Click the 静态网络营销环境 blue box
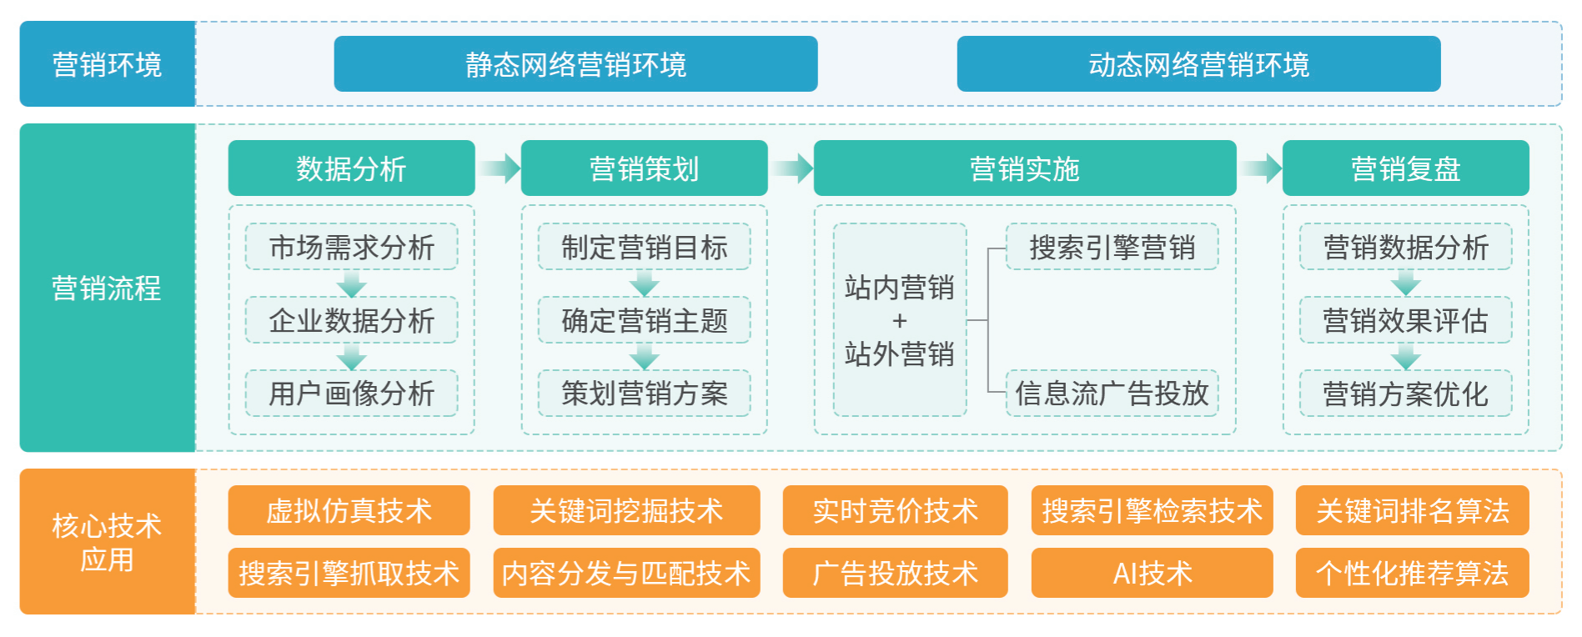click(x=575, y=63)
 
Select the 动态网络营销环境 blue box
click(x=1198, y=63)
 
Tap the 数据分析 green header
click(x=351, y=168)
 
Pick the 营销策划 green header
click(x=644, y=168)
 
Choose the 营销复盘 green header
click(x=1405, y=168)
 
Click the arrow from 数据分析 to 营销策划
click(x=499, y=168)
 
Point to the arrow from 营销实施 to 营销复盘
click(x=1260, y=168)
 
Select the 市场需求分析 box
click(x=351, y=247)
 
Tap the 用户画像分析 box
click(x=351, y=393)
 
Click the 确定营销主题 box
click(x=644, y=320)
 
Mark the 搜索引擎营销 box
click(x=1112, y=247)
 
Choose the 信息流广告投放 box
click(x=1112, y=393)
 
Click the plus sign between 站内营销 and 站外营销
click(x=899, y=321)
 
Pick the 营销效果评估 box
click(x=1405, y=320)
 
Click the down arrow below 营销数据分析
click(x=1405, y=283)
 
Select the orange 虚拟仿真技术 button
click(x=349, y=510)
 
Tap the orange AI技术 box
click(x=1152, y=573)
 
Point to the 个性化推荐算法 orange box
click(x=1412, y=573)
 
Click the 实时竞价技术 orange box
click(x=895, y=510)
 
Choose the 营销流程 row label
click(x=107, y=288)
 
